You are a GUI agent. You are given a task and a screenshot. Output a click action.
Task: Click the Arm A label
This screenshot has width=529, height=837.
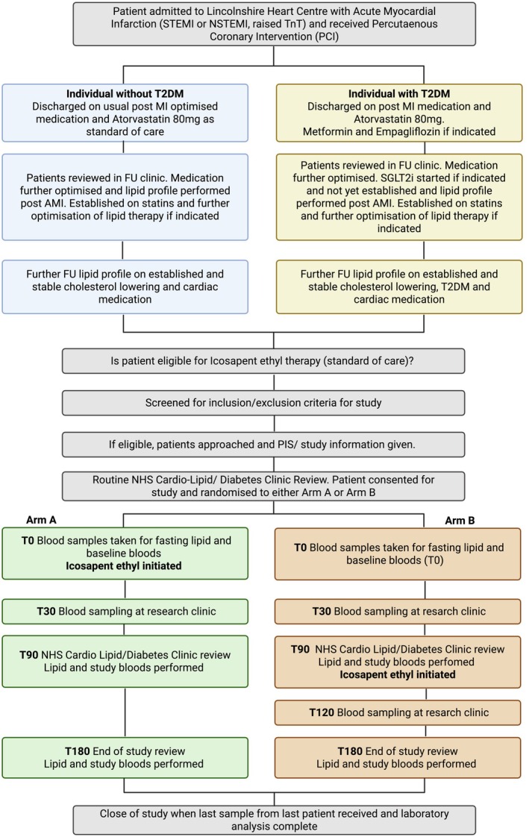(x=41, y=520)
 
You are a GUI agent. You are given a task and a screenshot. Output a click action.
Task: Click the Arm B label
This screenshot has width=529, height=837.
(x=460, y=521)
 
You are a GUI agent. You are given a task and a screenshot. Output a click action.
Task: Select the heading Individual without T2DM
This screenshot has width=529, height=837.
(x=125, y=93)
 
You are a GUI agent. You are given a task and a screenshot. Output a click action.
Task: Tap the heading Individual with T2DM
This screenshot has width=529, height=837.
(x=398, y=93)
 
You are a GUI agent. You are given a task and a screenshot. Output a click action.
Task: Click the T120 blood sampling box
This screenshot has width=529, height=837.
(x=398, y=712)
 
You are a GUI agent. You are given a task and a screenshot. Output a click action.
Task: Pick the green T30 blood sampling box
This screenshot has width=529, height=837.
(x=125, y=612)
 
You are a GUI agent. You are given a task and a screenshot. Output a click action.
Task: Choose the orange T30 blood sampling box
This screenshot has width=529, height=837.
(x=398, y=612)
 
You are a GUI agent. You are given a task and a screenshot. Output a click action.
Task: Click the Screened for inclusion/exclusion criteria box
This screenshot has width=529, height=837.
(x=263, y=403)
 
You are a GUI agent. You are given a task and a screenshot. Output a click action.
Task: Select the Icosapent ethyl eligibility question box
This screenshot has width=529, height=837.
(x=263, y=361)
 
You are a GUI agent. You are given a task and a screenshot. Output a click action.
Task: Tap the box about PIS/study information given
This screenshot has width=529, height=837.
(x=263, y=445)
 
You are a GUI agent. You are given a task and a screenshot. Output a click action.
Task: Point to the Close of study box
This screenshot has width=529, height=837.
(x=274, y=820)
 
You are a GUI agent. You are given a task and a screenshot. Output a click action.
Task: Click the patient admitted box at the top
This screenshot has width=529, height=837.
(x=274, y=24)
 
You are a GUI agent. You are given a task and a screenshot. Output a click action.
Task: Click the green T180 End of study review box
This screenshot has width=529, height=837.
(x=125, y=757)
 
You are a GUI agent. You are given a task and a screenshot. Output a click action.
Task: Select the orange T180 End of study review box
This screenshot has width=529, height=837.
(x=398, y=757)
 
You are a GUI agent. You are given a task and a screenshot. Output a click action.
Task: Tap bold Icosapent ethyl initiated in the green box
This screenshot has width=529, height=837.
(x=124, y=565)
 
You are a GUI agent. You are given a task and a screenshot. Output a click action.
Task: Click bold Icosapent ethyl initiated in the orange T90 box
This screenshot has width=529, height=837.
(x=398, y=674)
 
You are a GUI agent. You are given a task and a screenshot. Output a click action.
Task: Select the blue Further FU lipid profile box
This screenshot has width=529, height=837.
(x=125, y=286)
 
